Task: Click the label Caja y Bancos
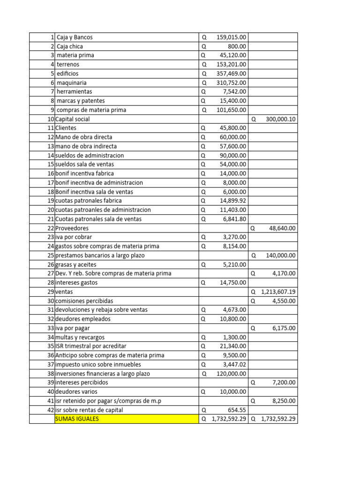click(78, 37)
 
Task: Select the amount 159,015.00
click(232, 37)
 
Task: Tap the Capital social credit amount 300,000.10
click(280, 119)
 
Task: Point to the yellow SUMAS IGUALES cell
click(126, 419)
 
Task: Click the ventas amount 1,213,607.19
click(278, 292)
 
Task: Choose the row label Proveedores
click(72, 228)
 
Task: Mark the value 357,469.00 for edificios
click(232, 74)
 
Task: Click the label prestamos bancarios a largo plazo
click(100, 255)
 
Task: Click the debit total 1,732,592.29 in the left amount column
click(227, 419)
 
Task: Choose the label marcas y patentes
click(80, 101)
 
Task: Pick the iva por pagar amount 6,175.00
click(284, 328)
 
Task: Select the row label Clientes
click(66, 128)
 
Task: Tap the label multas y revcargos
click(80, 337)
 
